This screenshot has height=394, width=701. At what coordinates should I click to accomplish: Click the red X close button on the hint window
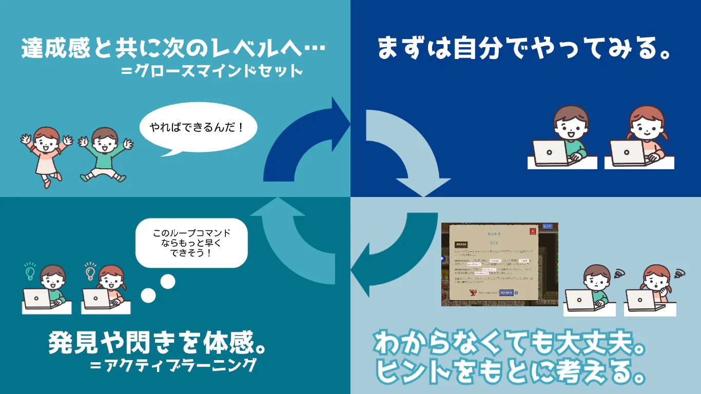point(533,231)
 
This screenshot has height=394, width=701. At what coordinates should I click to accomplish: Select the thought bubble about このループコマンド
point(191,243)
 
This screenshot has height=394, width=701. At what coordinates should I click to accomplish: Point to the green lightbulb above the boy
point(30,271)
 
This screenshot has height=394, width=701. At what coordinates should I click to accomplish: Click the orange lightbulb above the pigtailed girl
point(90,271)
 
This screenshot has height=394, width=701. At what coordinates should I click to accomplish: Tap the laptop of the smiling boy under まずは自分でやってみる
point(550,153)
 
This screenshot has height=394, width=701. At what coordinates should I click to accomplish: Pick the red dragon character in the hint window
point(473,293)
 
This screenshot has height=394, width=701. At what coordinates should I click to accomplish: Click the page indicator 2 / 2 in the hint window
point(494,242)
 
